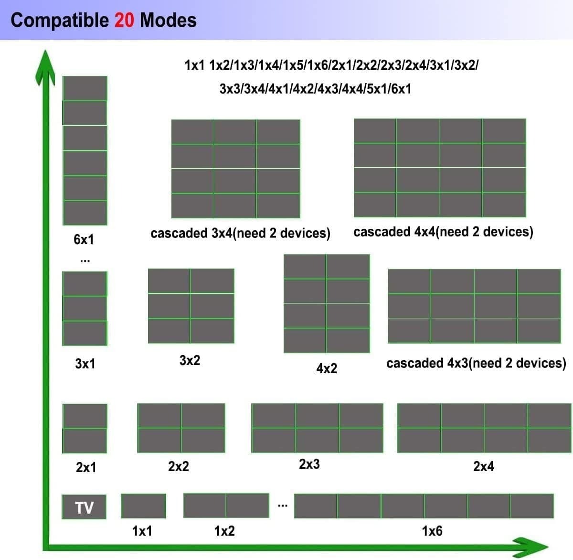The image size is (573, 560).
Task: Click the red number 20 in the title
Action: click(124, 20)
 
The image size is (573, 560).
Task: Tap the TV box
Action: click(84, 507)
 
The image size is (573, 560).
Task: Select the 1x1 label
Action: click(142, 531)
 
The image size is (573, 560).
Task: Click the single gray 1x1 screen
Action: click(143, 506)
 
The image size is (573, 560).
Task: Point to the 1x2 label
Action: click(224, 531)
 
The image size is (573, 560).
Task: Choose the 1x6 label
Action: click(432, 531)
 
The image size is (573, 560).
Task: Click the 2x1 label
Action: click(86, 467)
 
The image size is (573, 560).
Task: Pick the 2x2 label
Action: click(179, 466)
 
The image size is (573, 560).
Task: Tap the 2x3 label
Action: click(309, 464)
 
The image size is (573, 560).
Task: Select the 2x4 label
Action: click(484, 466)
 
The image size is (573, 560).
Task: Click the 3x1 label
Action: click(85, 364)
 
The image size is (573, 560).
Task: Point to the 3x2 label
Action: click(190, 360)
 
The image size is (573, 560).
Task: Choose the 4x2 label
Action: click(327, 368)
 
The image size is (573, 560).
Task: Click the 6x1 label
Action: click(84, 239)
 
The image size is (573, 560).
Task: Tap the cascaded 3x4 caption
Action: click(240, 233)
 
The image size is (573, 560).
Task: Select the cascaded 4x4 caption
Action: click(443, 232)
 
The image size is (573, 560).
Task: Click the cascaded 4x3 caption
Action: click(476, 363)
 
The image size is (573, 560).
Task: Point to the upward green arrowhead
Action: click(44, 65)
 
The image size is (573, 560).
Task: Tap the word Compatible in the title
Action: click(60, 20)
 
